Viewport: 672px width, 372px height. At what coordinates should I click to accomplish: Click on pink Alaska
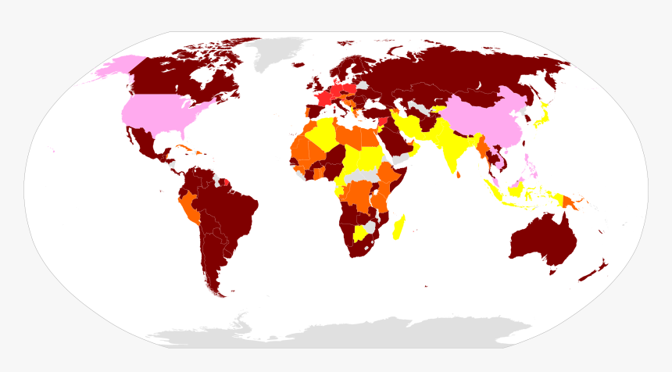click(x=113, y=70)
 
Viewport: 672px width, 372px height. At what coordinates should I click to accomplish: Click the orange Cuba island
click(x=185, y=148)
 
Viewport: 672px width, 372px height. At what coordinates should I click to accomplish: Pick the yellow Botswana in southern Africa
click(x=360, y=233)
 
